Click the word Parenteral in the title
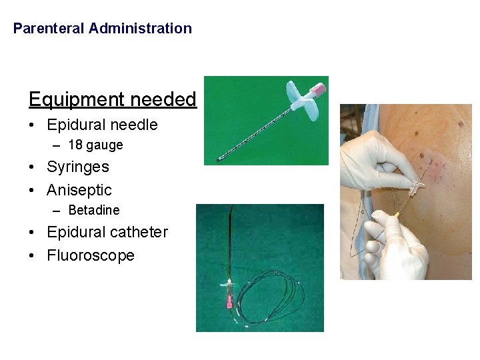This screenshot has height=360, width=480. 49,29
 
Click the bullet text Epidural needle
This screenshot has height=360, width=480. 102,125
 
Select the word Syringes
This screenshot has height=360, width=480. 78,167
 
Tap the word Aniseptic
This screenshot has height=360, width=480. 79,190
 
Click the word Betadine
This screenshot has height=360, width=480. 94,210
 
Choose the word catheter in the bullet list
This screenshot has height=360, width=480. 139,232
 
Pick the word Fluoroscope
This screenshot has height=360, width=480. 91,255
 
